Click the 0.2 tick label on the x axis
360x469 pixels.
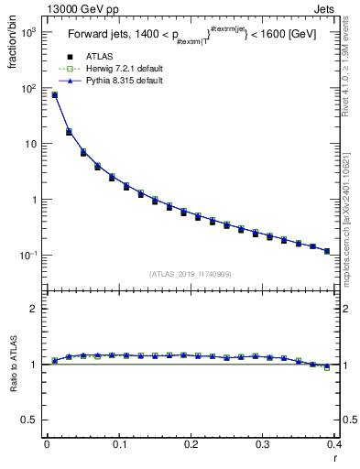(x=191, y=444)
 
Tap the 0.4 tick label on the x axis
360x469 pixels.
(x=334, y=444)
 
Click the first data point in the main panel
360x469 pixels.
(x=55, y=94)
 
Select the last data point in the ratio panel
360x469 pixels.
(x=327, y=367)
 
